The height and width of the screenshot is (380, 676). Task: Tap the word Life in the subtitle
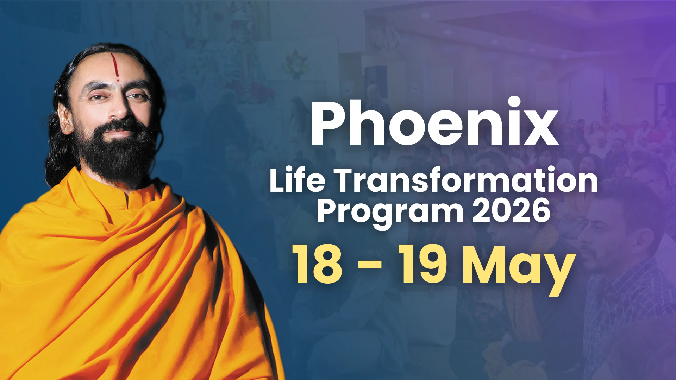[x=297, y=180]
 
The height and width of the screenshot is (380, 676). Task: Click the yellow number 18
[x=317, y=264]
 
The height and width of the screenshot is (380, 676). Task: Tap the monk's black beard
[x=116, y=151]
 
